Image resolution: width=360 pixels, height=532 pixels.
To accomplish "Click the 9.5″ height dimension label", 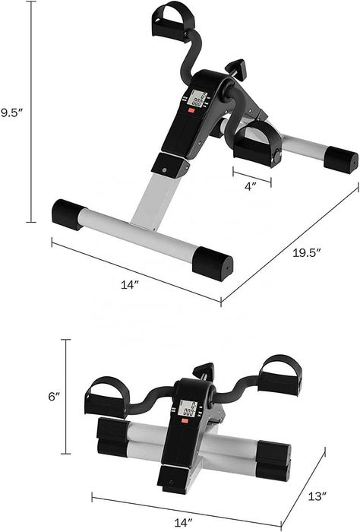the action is (x=11, y=112).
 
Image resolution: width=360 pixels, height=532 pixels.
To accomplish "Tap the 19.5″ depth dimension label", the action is (x=307, y=253).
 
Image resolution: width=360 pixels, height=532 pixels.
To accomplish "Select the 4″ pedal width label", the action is (x=251, y=186).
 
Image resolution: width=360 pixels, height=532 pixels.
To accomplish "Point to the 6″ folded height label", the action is (x=54, y=396).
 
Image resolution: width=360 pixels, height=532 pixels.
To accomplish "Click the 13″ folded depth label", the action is (x=317, y=496).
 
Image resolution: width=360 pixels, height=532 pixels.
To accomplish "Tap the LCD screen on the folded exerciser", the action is (x=188, y=409).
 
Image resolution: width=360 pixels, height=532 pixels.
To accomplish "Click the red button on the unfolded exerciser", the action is (x=193, y=110).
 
